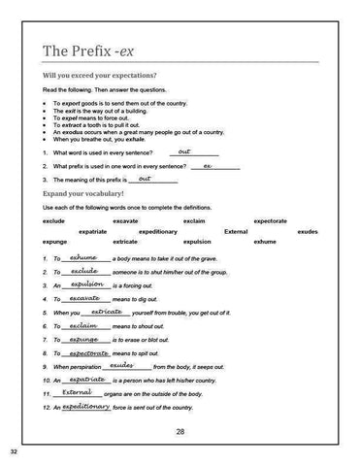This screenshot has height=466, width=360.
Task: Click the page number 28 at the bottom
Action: point(180,430)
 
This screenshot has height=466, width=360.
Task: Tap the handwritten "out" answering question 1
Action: point(184,151)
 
